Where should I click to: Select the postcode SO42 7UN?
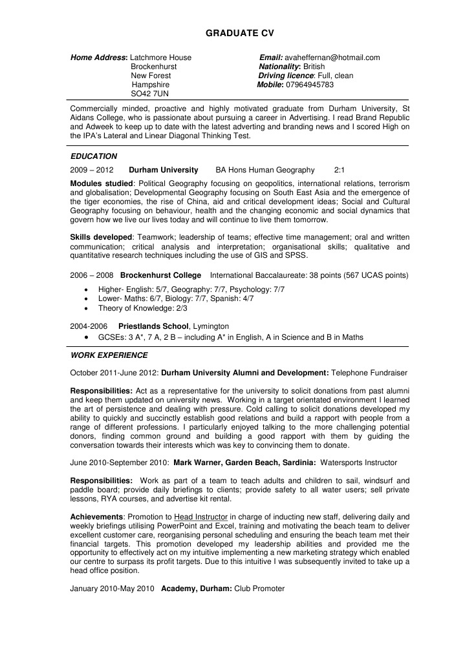point(149,94)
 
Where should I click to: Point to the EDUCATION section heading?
point(94,156)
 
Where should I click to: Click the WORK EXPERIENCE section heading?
point(109,355)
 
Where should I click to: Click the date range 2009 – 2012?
point(92,170)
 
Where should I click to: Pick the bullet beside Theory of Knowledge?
point(87,309)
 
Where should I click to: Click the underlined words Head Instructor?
point(201,517)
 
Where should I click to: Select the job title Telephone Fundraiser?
point(370,373)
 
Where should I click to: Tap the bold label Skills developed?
point(101,237)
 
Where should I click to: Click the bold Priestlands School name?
point(153,326)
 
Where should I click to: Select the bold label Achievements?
point(96,517)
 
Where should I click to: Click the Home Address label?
point(98,57)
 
